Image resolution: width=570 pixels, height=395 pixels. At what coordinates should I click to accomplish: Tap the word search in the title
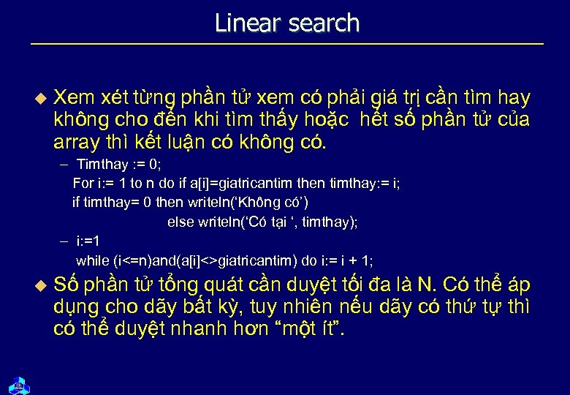coord(324,23)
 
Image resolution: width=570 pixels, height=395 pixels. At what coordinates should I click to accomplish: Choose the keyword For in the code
coord(83,182)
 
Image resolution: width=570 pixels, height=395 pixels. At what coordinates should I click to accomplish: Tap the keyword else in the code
coord(180,222)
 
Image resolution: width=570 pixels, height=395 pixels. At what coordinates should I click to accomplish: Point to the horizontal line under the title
coord(287,45)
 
